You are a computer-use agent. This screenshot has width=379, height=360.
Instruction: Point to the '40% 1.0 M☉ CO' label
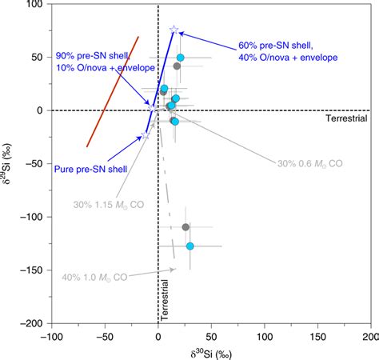[94, 278]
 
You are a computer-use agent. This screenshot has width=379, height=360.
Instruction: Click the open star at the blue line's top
[174, 30]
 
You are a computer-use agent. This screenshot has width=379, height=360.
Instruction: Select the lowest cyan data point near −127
[190, 246]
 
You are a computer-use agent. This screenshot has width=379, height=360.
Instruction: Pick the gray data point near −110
[186, 227]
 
